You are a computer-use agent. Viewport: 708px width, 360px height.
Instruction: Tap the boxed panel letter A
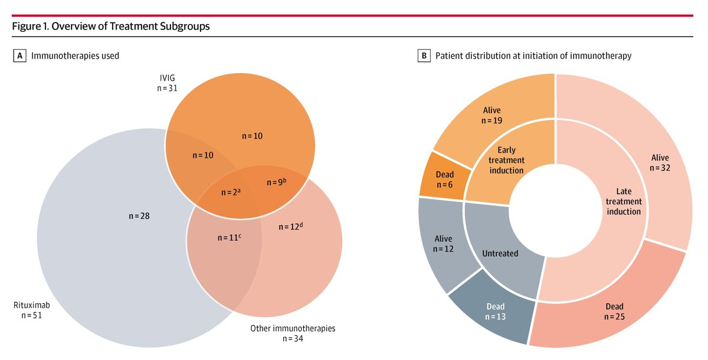click(x=20, y=56)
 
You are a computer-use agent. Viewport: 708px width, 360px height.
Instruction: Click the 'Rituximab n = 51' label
click(x=30, y=310)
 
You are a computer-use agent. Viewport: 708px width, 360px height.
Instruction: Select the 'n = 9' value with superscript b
click(x=276, y=182)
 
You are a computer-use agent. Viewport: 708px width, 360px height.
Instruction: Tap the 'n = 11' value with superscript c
click(x=232, y=238)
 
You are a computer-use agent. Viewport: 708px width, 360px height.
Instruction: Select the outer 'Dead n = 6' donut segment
click(x=445, y=178)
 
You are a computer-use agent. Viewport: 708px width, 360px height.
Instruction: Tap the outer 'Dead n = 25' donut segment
click(x=614, y=312)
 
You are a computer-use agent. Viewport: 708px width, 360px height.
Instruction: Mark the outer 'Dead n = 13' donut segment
click(x=496, y=311)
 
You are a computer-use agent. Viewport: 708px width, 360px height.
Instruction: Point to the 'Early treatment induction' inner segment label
click(x=507, y=160)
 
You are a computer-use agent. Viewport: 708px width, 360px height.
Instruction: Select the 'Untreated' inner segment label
click(x=500, y=253)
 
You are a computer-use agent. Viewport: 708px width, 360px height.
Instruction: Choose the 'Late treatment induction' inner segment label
click(x=624, y=201)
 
